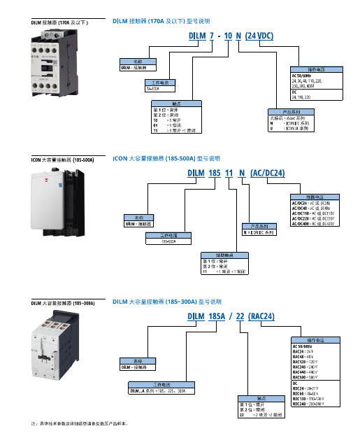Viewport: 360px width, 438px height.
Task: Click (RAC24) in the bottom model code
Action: click(265, 316)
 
